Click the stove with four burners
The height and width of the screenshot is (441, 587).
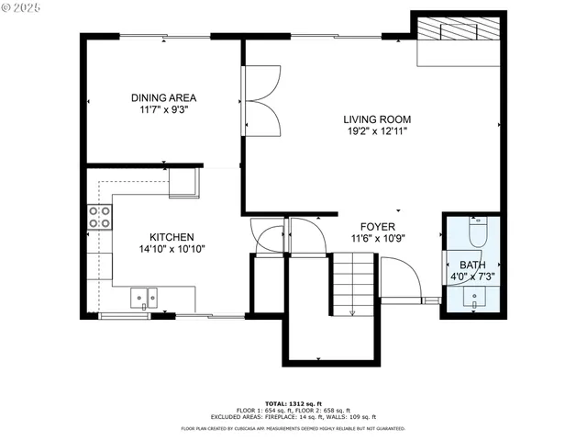point(100,217)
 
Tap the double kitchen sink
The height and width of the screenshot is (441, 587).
point(143,297)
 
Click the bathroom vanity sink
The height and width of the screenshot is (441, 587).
point(475,298)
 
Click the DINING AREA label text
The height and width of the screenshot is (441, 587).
point(163,97)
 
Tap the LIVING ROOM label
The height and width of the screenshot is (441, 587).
point(376,119)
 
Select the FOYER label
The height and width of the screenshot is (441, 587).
point(377,226)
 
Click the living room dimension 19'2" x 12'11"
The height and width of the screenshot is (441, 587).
point(376,131)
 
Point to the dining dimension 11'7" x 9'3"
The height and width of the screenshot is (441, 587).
point(163,109)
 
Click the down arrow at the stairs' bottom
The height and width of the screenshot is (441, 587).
point(352,313)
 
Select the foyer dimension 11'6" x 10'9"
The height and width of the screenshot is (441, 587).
point(377,238)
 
